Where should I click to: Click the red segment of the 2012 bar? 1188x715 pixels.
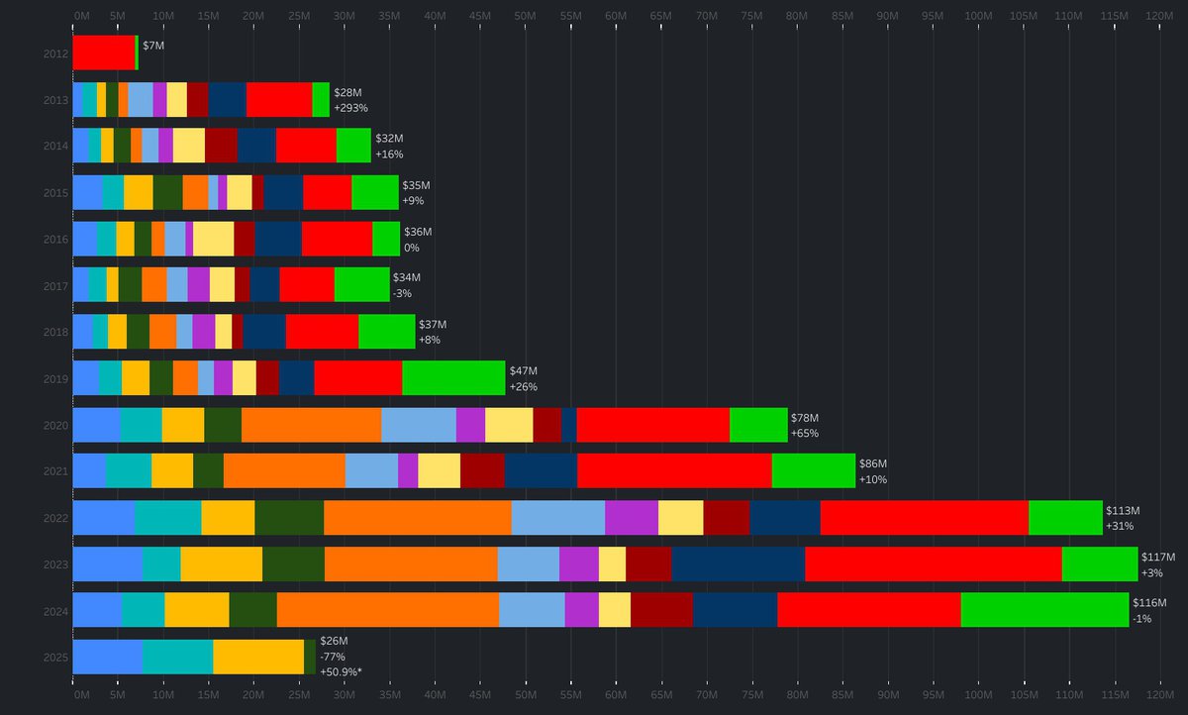point(103,52)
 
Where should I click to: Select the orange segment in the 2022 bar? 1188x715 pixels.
point(417,518)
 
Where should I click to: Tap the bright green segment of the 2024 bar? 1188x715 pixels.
point(1044,610)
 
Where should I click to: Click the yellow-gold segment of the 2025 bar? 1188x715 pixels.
point(257,657)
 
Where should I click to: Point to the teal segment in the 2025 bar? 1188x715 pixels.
point(177,657)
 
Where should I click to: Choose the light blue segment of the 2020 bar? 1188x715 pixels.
point(418,425)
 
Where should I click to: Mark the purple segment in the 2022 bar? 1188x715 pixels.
point(631,518)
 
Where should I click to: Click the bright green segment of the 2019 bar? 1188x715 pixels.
point(453,378)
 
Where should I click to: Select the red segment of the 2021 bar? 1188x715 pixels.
point(673,471)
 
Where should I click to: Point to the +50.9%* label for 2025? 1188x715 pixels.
point(341,672)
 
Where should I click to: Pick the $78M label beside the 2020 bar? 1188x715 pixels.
point(804,418)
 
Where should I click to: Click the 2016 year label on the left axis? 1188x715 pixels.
point(55,239)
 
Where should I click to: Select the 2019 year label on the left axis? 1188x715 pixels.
point(55,378)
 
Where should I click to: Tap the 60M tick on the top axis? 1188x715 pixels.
point(616,17)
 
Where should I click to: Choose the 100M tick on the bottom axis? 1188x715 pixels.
point(978,697)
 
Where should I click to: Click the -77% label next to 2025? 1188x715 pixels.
point(332,657)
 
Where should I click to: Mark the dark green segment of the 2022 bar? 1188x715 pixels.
point(289,518)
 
